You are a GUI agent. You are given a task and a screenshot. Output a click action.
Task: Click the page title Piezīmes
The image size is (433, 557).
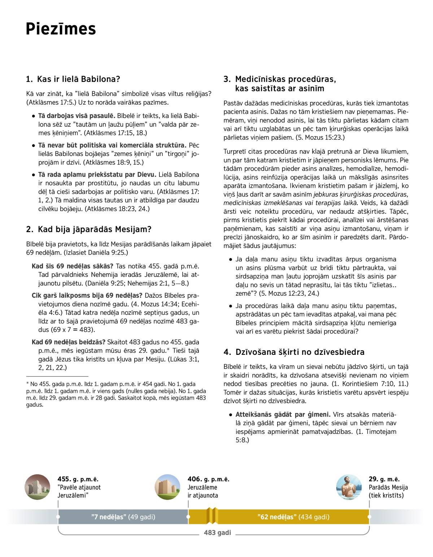pos(61,29)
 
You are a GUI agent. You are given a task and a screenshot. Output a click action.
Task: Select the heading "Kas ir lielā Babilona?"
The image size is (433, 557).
pos(73,79)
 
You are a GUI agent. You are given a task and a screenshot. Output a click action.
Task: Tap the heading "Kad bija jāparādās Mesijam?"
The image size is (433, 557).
pos(89,229)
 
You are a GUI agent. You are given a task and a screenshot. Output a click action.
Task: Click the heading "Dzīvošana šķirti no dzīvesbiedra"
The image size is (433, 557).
pos(294,352)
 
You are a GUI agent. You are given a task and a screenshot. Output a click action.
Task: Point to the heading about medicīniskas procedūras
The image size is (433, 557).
pos(280,84)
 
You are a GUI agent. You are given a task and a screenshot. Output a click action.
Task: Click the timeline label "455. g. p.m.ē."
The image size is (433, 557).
pos(78,479)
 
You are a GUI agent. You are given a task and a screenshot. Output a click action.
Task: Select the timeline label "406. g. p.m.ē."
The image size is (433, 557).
pos(208,479)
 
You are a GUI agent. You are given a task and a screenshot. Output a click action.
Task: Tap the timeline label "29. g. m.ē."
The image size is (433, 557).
pos(384,479)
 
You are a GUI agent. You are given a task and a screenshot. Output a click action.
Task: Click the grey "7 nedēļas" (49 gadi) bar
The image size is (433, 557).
pos(123,517)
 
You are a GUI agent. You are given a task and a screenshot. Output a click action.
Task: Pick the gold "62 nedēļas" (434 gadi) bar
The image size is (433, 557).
pos(293,517)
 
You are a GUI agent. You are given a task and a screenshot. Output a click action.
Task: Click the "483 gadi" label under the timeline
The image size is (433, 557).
pos(217,532)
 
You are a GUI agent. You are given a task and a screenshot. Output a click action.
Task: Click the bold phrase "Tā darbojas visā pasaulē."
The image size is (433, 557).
pos(77,116)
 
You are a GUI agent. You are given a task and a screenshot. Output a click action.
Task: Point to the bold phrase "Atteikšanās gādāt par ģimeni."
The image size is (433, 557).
pos(283,414)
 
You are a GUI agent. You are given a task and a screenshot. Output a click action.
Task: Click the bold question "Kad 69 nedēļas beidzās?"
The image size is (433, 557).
pos(69,342)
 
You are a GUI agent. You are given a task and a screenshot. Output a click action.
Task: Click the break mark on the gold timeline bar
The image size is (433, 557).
pos(212,516)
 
